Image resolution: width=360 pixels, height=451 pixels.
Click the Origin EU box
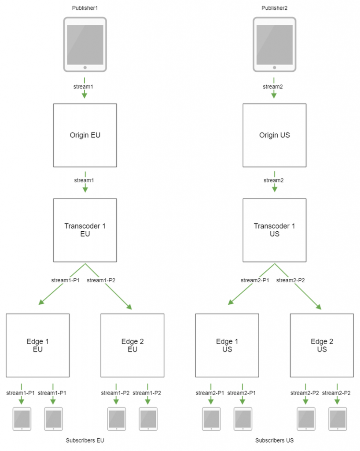85,135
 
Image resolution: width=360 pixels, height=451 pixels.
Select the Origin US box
274,135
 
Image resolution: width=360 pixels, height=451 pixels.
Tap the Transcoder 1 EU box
85,230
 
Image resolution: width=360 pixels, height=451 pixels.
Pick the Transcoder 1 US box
274,230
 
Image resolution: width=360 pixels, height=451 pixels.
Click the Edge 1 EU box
38,345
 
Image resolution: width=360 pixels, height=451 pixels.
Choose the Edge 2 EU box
132,345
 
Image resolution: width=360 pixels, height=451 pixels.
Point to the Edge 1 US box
227,345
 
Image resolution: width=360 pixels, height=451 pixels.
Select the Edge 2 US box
322,345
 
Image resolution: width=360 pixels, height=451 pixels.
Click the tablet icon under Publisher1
85,44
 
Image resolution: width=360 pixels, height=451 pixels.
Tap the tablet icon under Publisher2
274,44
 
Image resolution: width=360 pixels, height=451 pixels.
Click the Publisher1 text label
85,8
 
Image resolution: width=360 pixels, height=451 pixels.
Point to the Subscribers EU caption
85,440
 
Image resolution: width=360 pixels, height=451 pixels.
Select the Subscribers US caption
274,440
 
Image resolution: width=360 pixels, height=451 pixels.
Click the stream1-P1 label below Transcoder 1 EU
65,280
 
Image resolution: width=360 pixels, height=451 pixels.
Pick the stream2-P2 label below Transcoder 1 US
290,280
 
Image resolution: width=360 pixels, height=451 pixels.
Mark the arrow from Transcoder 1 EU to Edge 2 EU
110,288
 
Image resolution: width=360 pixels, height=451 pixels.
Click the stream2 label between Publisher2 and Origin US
273,87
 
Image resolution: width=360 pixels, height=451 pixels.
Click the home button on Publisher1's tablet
85,67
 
